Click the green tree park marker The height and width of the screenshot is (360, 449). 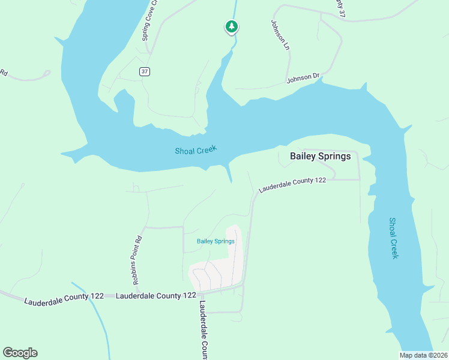pos(232,26)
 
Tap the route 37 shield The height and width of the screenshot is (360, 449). pos(144,71)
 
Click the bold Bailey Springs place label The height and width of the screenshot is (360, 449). pos(320,156)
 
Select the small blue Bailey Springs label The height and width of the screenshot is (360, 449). pos(215,241)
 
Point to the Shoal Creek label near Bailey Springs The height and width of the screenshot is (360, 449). pos(195,150)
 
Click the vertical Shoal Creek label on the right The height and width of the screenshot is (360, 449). pos(393,238)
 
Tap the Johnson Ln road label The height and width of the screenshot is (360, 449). pos(280,35)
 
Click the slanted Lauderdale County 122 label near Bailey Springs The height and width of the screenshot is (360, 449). pos(292,185)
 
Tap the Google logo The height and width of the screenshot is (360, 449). pos(20,353)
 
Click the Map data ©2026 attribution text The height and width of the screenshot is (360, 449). pos(424,355)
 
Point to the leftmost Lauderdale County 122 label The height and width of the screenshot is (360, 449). pos(64,298)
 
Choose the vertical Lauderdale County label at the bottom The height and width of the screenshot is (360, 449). pos(203,329)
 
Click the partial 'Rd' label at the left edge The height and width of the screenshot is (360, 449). pos(3,73)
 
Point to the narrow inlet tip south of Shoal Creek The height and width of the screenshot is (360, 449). pos(229,179)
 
